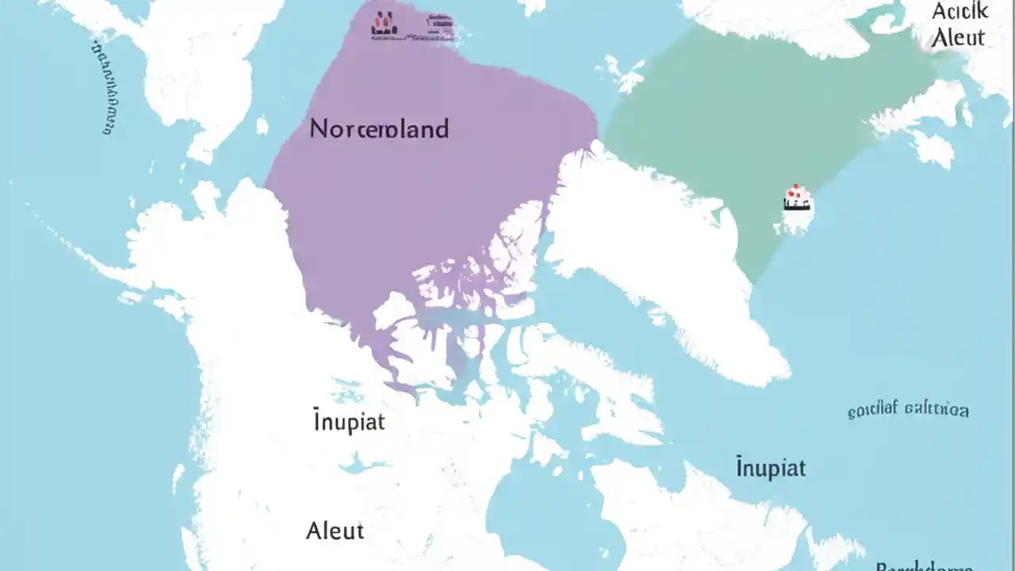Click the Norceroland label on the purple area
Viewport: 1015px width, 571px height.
(379, 128)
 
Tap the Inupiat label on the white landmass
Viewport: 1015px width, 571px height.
(349, 421)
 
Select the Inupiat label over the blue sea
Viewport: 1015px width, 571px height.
(770, 467)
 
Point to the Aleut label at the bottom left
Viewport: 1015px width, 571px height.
(335, 531)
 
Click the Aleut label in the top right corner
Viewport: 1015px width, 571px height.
(958, 37)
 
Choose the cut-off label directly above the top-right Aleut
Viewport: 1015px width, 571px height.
(959, 11)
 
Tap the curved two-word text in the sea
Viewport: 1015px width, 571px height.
(908, 410)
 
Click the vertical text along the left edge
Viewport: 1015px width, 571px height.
(106, 86)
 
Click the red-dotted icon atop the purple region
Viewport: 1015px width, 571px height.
(385, 26)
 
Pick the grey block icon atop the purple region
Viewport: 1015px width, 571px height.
(440, 27)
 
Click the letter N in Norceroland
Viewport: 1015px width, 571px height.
(317, 128)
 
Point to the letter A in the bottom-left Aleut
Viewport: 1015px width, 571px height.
(314, 531)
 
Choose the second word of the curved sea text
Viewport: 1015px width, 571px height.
(938, 410)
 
